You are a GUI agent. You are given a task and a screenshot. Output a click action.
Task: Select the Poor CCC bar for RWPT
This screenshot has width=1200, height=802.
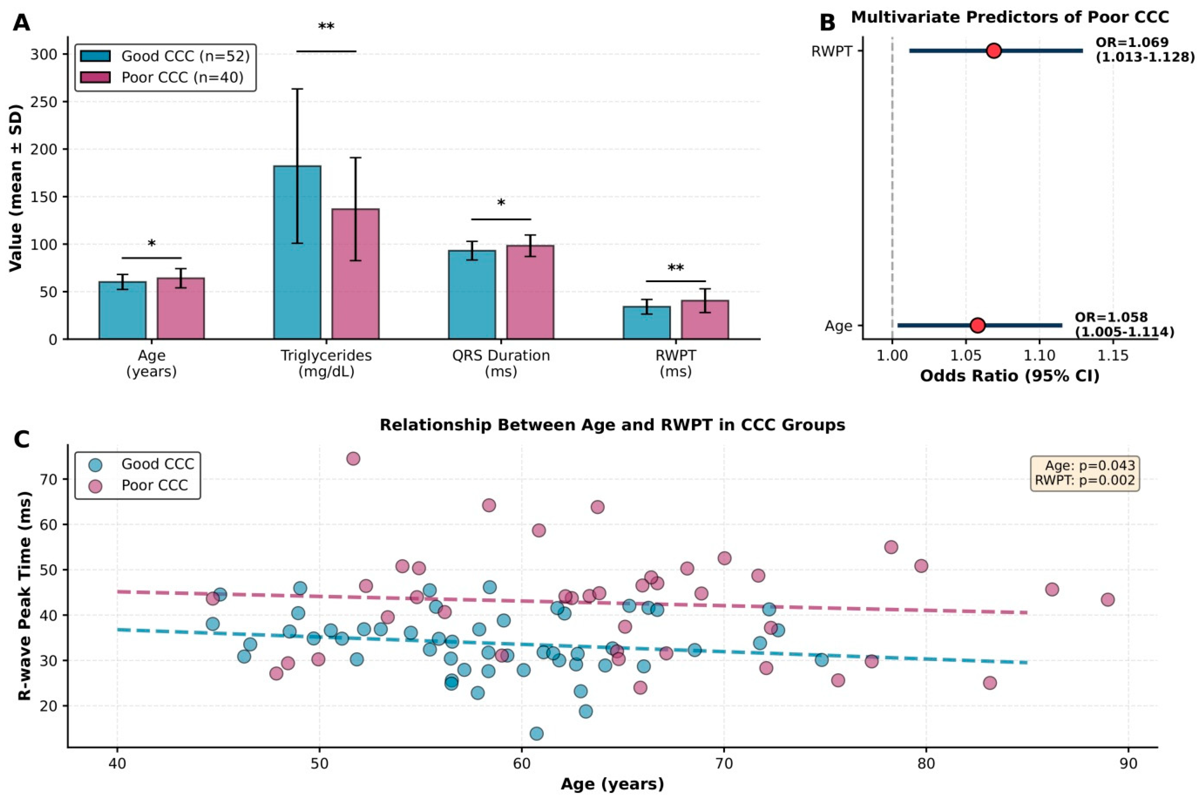point(705,320)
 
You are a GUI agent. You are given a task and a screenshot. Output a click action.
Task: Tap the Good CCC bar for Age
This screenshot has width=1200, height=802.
point(123,310)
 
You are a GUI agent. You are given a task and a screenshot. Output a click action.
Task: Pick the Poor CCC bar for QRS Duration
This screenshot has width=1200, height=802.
point(530,292)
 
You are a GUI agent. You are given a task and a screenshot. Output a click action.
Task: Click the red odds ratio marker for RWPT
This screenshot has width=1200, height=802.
point(994,51)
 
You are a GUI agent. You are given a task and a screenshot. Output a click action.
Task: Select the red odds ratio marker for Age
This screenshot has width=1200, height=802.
point(977,325)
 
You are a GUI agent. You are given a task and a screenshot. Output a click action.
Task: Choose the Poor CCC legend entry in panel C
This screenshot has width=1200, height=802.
point(138,485)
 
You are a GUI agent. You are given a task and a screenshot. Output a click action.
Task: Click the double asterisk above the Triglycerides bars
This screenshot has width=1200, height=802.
point(326,26)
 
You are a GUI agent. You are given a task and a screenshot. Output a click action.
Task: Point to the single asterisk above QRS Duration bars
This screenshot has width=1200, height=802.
point(501,203)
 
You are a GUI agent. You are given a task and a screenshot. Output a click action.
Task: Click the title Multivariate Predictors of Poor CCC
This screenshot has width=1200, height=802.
point(1010,17)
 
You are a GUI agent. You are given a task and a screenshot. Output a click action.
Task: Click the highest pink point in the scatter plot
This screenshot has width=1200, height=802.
point(353,458)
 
